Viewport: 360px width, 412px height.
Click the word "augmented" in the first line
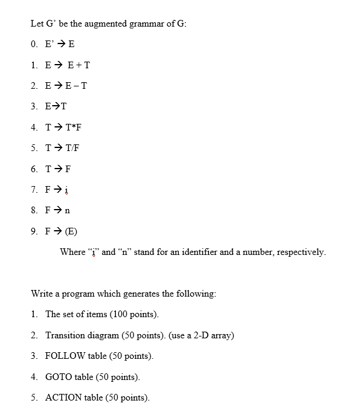(98, 24)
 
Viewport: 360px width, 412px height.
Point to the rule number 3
(34, 106)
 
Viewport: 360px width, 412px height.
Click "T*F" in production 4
(71, 127)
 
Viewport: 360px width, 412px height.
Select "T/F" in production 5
(70, 148)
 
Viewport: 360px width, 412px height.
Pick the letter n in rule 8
(67, 210)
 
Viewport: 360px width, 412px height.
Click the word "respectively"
(300, 251)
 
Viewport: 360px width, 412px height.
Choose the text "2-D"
(201, 335)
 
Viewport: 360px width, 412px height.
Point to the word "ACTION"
(63, 398)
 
